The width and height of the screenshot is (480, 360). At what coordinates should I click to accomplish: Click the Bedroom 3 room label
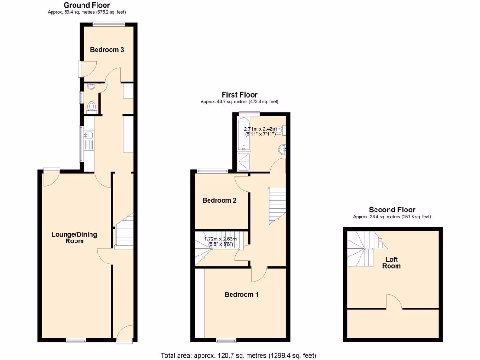[107, 50]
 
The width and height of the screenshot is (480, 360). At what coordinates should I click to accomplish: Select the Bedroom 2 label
[219, 200]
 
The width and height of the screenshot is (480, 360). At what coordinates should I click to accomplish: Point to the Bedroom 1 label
[241, 294]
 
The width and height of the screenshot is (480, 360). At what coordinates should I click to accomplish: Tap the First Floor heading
[240, 95]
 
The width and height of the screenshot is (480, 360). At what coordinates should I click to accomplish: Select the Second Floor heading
[392, 210]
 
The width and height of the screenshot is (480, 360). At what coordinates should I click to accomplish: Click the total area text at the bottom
[241, 355]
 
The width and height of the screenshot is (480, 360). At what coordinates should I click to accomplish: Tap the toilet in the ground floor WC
[91, 107]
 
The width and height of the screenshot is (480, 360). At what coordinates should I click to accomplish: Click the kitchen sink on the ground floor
[89, 136]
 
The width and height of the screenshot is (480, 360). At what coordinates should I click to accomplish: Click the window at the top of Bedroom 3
[108, 24]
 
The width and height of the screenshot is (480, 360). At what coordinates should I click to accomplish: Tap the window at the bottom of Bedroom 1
[226, 339]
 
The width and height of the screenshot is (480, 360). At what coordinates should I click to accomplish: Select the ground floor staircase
[124, 232]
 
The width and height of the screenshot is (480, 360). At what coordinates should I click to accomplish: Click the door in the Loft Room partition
[393, 302]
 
